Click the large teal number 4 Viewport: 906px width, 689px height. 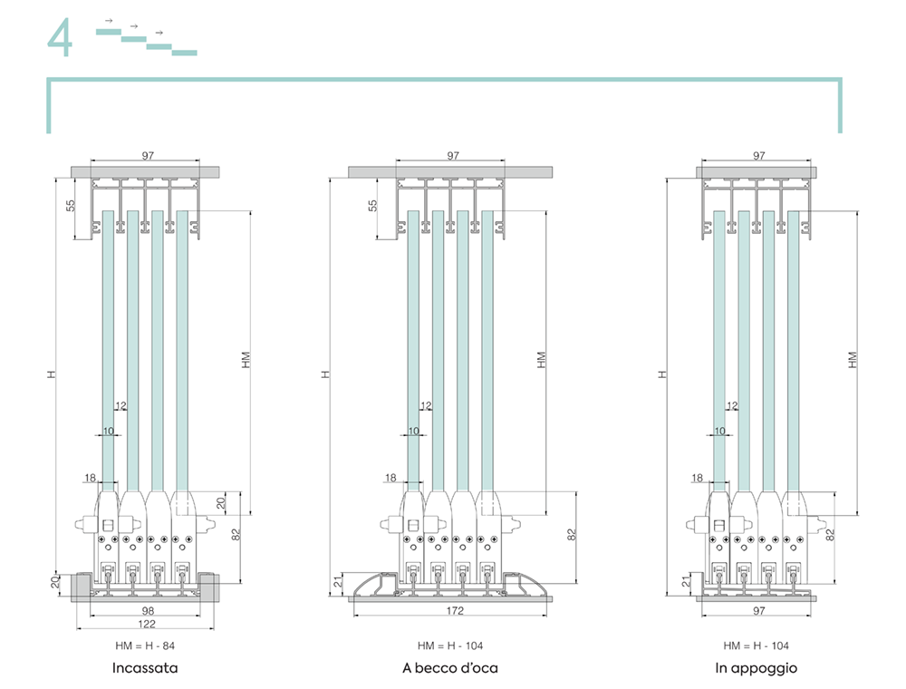pyautogui.click(x=60, y=37)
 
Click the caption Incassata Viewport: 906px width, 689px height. pyautogui.click(x=145, y=668)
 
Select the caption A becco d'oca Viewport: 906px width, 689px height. pyautogui.click(x=450, y=668)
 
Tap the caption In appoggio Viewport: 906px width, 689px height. pyautogui.click(x=756, y=669)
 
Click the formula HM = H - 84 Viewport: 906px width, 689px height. pyautogui.click(x=145, y=645)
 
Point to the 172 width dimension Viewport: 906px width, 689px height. pyautogui.click(x=455, y=610)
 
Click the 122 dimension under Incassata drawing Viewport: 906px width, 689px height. pyautogui.click(x=147, y=624)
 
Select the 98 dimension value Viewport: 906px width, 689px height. pyautogui.click(x=148, y=610)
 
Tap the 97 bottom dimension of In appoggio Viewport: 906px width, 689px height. pyautogui.click(x=759, y=610)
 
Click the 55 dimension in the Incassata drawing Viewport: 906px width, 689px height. pyautogui.click(x=71, y=205)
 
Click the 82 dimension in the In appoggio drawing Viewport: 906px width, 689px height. pyautogui.click(x=830, y=535)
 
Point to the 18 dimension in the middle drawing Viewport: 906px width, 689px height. pyautogui.click(x=390, y=478)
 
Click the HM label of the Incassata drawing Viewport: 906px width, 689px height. pyautogui.click(x=246, y=360)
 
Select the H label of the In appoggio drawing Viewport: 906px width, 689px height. pyautogui.click(x=663, y=374)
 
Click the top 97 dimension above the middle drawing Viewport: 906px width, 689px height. pyautogui.click(x=453, y=156)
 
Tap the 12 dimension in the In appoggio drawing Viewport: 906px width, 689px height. pyautogui.click(x=732, y=406)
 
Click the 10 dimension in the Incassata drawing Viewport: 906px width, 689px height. pyautogui.click(x=109, y=431)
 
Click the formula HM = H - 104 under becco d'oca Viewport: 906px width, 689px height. pyautogui.click(x=450, y=645)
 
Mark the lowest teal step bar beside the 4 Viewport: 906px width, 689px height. pyautogui.click(x=184, y=53)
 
